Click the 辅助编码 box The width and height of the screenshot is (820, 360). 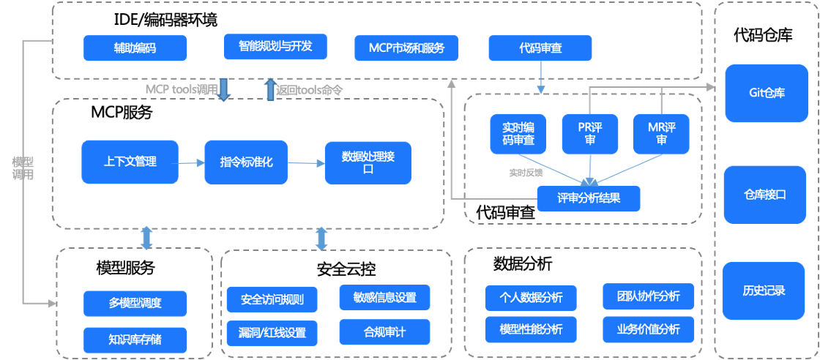(x=135, y=48)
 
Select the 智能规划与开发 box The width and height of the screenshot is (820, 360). (x=275, y=46)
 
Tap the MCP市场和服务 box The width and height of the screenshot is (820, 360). (x=406, y=48)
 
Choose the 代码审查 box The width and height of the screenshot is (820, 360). (x=540, y=48)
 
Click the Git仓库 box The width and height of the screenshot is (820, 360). (x=767, y=93)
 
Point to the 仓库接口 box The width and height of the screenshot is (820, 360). (x=765, y=195)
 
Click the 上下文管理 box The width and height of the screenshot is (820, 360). (x=130, y=162)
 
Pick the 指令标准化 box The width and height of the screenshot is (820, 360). (x=247, y=162)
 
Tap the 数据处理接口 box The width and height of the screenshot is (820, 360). (x=368, y=162)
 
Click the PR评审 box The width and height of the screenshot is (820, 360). (x=590, y=133)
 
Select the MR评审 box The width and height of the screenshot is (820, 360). (x=662, y=133)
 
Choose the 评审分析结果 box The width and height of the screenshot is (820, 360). (x=589, y=198)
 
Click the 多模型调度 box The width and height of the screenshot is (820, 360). (x=135, y=303)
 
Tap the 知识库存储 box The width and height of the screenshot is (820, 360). (x=135, y=340)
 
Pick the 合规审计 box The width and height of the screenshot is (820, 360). (x=384, y=332)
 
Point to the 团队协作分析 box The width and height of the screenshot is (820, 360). (x=648, y=296)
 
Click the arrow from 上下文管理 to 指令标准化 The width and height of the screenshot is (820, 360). (x=191, y=162)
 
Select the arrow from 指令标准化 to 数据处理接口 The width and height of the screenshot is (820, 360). (x=306, y=162)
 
